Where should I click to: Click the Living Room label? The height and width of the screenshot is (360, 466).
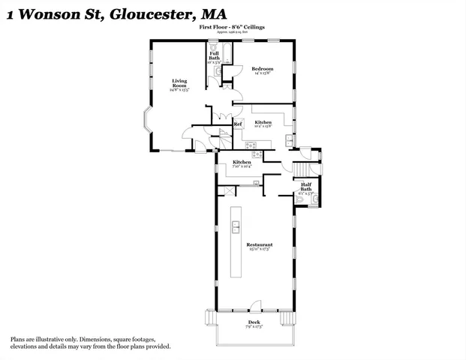tap(179, 82)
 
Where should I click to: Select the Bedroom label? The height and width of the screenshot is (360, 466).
tap(262, 69)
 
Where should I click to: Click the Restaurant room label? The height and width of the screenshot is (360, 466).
tap(259, 244)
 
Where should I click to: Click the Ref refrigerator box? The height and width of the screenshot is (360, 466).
tap(237, 124)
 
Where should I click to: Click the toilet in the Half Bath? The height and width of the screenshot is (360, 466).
tap(315, 199)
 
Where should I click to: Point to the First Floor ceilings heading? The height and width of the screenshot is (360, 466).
tap(232, 27)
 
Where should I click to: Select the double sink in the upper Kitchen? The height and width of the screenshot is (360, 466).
tap(290, 139)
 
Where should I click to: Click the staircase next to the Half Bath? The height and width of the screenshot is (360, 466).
tap(302, 170)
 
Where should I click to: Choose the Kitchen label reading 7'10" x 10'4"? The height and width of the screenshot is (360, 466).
tap(241, 166)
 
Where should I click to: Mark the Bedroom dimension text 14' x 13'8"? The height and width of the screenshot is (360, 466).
tap(262, 73)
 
